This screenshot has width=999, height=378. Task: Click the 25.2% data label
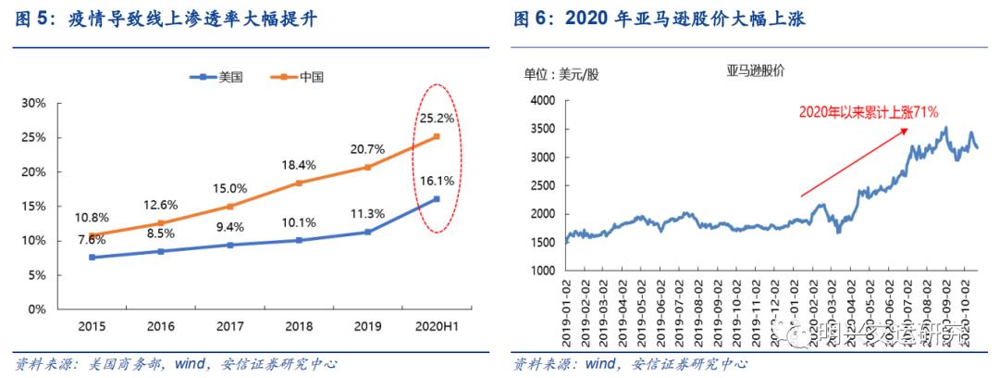[x=437, y=119]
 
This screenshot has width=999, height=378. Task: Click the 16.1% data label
[x=437, y=181]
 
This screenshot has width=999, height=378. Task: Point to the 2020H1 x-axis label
[x=436, y=325]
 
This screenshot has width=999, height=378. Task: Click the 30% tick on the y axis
[x=33, y=103]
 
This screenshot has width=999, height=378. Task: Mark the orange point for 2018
[x=298, y=183]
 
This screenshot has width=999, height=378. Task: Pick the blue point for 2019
[x=367, y=232]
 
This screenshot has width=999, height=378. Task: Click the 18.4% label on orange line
[x=298, y=164]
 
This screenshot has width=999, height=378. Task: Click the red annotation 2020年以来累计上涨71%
[x=869, y=112]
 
